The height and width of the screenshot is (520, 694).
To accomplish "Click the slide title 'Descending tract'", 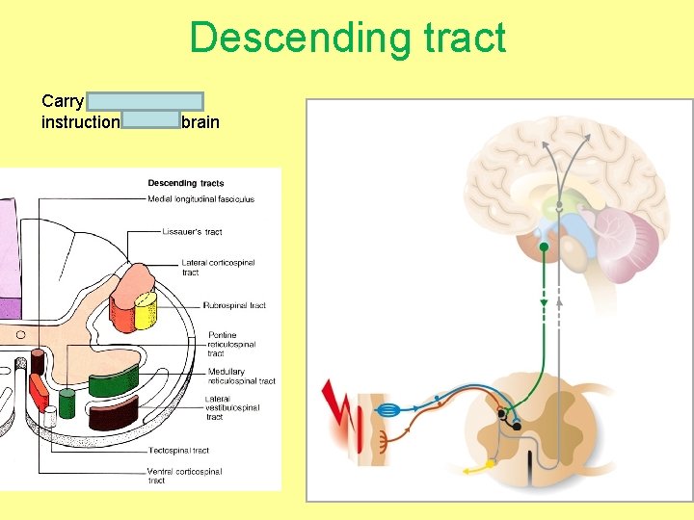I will click(x=347, y=39).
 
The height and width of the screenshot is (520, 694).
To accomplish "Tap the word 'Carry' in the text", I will click(x=63, y=101).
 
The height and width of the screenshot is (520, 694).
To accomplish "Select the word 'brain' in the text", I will click(x=200, y=122).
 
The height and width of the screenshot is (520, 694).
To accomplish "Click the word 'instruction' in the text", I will click(x=80, y=122).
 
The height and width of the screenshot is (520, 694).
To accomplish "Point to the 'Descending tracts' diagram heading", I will click(x=185, y=183).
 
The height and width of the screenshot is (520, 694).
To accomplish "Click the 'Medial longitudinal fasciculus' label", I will click(x=200, y=199).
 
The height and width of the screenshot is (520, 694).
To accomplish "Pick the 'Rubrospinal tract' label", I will click(x=234, y=305).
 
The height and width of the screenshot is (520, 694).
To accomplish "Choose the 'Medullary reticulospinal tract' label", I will click(x=240, y=376).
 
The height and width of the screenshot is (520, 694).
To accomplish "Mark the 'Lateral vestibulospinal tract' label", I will click(x=230, y=408).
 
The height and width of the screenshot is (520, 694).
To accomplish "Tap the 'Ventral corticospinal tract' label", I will click(x=184, y=476).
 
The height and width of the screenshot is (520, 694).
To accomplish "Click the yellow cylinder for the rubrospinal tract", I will click(x=146, y=310).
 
